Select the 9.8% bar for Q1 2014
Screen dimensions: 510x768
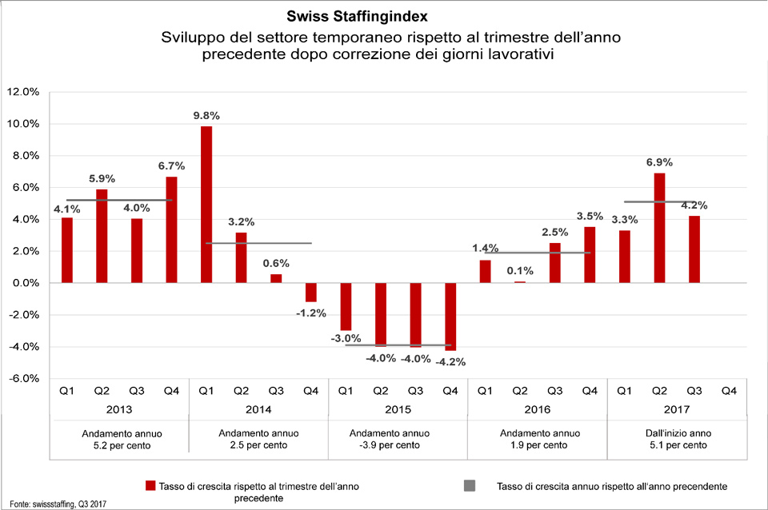206,204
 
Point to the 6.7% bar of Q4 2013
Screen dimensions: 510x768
171,229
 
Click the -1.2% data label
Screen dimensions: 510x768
310,313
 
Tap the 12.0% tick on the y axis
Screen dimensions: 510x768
22,92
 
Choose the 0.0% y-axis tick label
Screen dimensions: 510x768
24,283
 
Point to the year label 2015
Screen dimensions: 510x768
398,410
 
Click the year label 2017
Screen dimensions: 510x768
676,410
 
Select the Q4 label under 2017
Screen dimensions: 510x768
729,391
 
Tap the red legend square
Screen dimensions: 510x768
149,485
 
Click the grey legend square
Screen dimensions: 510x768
469,485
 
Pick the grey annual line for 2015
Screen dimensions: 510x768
398,345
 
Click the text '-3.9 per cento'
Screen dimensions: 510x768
398,444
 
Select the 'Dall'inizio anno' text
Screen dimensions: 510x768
676,432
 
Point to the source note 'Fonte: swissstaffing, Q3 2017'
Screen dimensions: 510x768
55,503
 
